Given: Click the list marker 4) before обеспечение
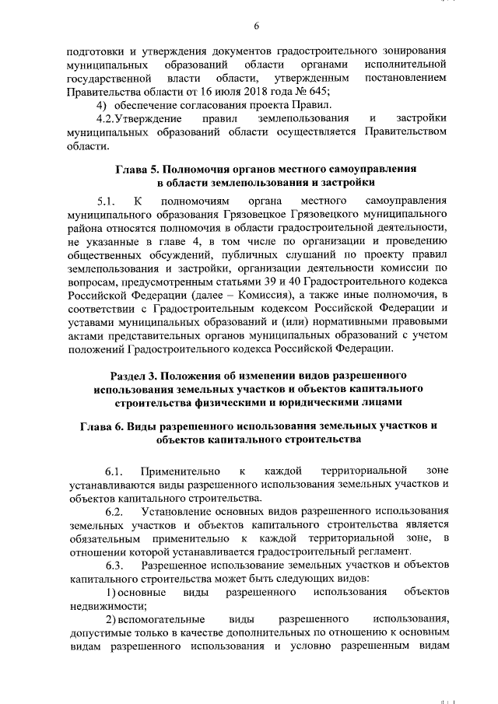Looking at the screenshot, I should click(100, 105).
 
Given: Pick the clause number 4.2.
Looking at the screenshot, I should click(105, 118).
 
